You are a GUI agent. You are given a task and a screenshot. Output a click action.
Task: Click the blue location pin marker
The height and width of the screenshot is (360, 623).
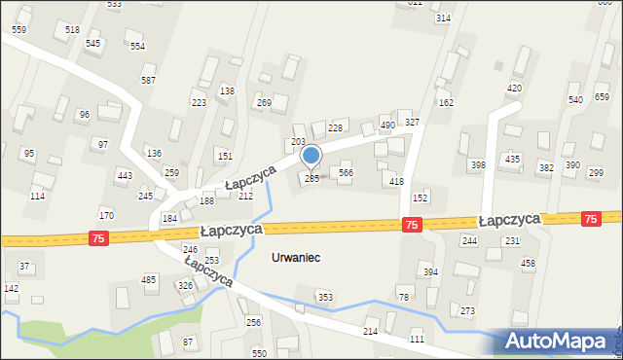(311, 156)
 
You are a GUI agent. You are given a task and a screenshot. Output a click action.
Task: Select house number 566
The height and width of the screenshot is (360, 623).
(345, 172)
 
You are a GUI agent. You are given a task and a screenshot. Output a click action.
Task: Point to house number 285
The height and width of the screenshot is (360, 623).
(311, 178)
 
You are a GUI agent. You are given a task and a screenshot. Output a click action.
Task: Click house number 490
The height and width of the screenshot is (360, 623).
(386, 126)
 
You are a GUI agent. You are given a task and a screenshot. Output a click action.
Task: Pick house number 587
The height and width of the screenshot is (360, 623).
(148, 81)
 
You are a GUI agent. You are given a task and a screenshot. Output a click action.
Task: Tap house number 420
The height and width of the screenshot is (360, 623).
(514, 89)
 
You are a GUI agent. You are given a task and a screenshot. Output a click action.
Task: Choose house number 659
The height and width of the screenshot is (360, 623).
(602, 96)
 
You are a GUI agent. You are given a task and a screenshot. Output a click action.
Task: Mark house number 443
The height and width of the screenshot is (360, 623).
(124, 175)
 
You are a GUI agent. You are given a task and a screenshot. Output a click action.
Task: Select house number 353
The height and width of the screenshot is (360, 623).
(326, 297)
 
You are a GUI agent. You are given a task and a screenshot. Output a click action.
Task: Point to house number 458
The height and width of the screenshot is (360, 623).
(528, 264)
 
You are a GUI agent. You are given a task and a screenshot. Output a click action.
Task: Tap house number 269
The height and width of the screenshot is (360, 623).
(263, 102)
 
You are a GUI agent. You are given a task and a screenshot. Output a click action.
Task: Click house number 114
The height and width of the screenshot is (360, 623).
(37, 197)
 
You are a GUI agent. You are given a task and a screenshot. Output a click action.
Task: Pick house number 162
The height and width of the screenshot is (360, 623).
(446, 102)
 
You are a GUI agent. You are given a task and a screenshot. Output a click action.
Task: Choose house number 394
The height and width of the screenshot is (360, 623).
(429, 272)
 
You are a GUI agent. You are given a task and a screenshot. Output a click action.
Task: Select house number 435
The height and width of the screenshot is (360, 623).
(512, 159)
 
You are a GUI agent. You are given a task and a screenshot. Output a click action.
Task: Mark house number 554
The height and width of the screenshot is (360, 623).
(137, 46)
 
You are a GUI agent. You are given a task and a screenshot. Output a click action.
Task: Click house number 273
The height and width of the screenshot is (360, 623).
(467, 311)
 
